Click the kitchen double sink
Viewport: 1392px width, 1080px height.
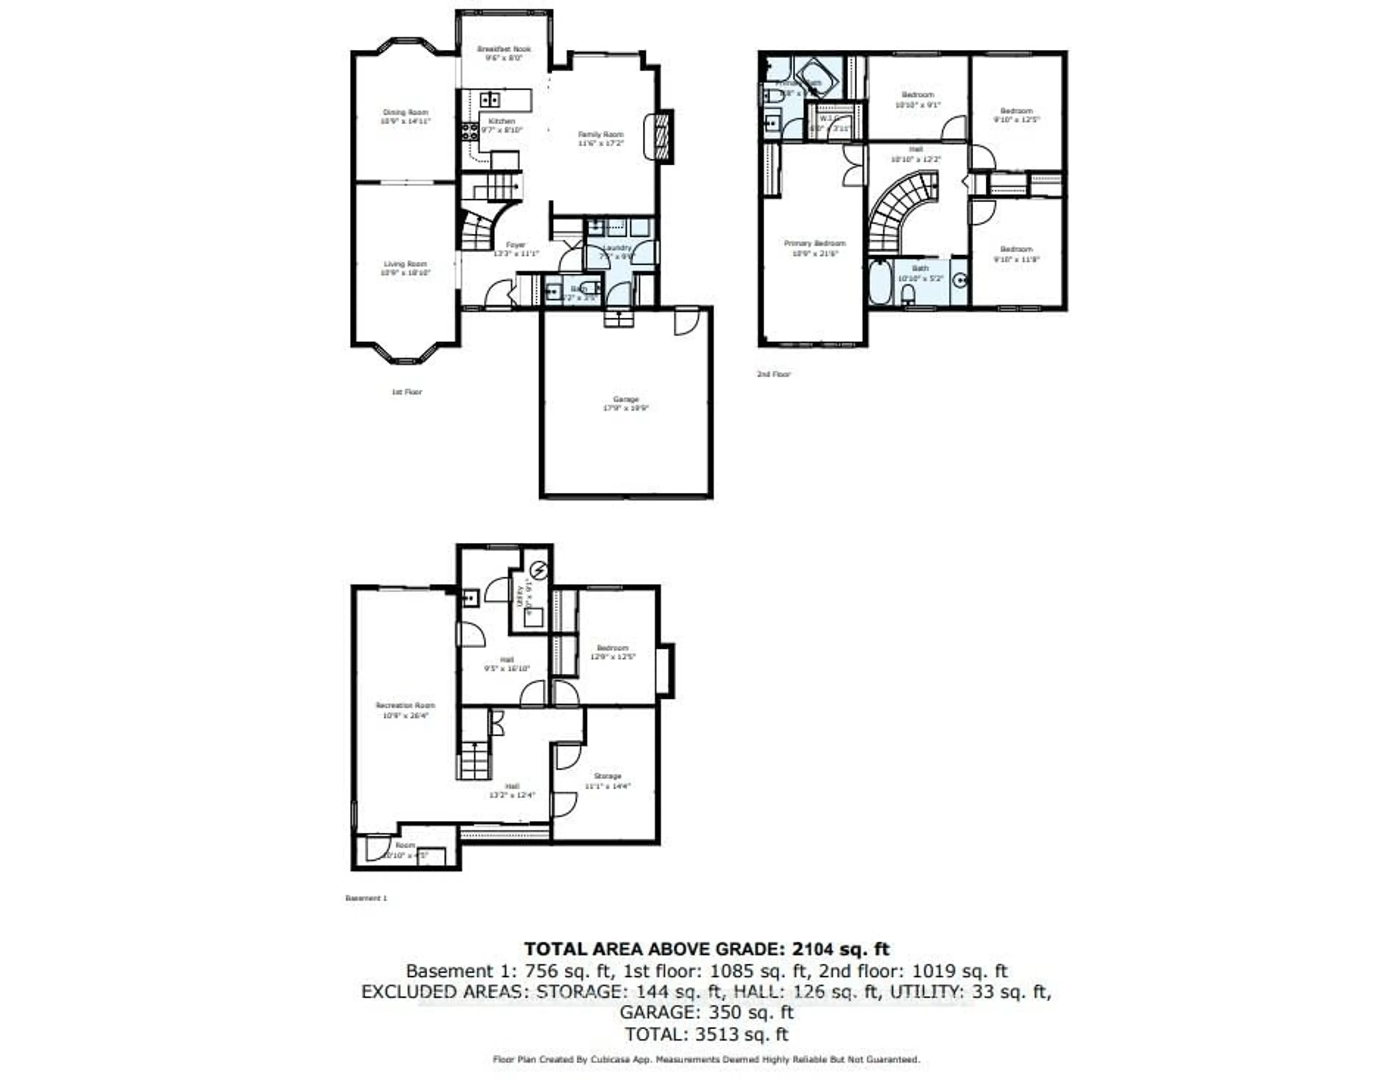pos(489,99)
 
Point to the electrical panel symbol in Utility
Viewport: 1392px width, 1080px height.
pos(539,569)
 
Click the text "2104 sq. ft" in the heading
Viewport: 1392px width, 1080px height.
pos(840,949)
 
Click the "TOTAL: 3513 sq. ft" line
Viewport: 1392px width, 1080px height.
pos(706,1034)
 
